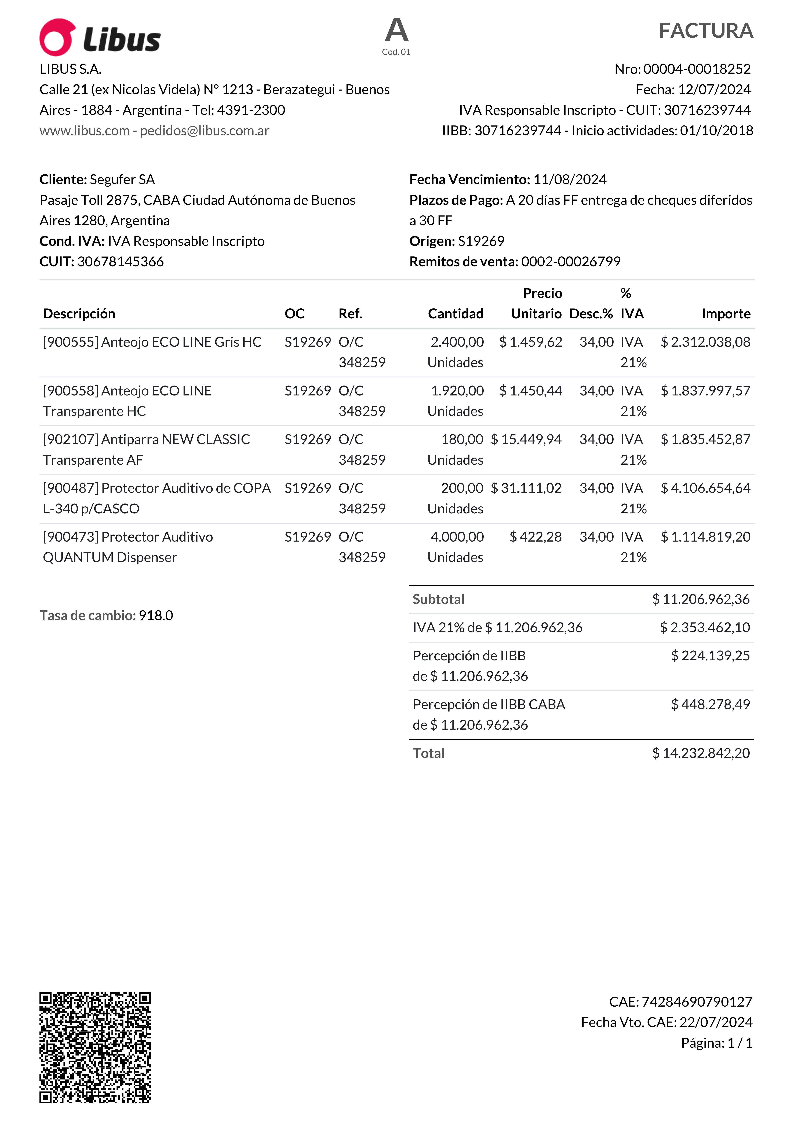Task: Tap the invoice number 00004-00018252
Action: (x=697, y=69)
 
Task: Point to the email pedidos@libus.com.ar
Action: (x=205, y=131)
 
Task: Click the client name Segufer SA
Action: (x=122, y=180)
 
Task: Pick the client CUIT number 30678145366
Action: (x=120, y=262)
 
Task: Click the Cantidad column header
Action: (x=456, y=314)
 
